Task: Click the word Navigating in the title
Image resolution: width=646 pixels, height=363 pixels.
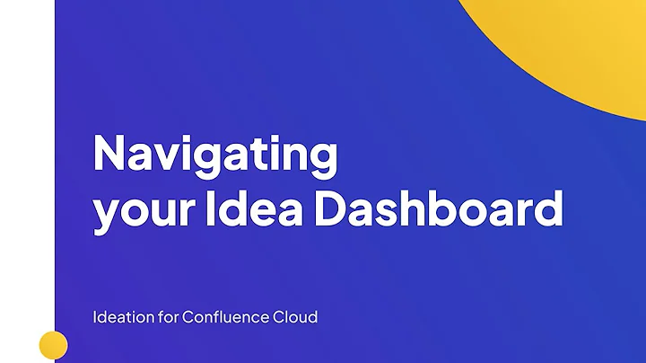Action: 215,155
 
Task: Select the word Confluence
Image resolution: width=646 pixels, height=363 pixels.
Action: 223,317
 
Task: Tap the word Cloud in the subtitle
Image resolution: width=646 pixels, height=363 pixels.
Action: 297,317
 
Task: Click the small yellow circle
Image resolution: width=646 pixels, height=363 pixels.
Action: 54,345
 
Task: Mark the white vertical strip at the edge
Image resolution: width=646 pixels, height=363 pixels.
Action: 27,180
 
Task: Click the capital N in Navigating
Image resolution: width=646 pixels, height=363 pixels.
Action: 109,154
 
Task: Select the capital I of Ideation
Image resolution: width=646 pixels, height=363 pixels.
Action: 94,317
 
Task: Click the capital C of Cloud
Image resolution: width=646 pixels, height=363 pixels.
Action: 282,317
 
